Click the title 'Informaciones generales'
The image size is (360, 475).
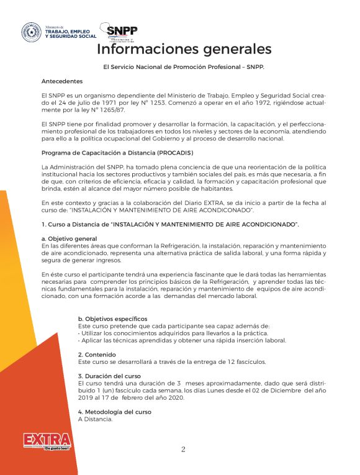pos(184,49)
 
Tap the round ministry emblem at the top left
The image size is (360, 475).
pos(32,32)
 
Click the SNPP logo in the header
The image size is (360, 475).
pos(122,32)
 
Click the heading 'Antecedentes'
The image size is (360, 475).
pos(61,81)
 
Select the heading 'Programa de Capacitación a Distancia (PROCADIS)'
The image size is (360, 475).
pos(117,153)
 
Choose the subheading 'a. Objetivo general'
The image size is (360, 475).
pos(69,238)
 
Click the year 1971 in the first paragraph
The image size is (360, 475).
pos(113,101)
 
